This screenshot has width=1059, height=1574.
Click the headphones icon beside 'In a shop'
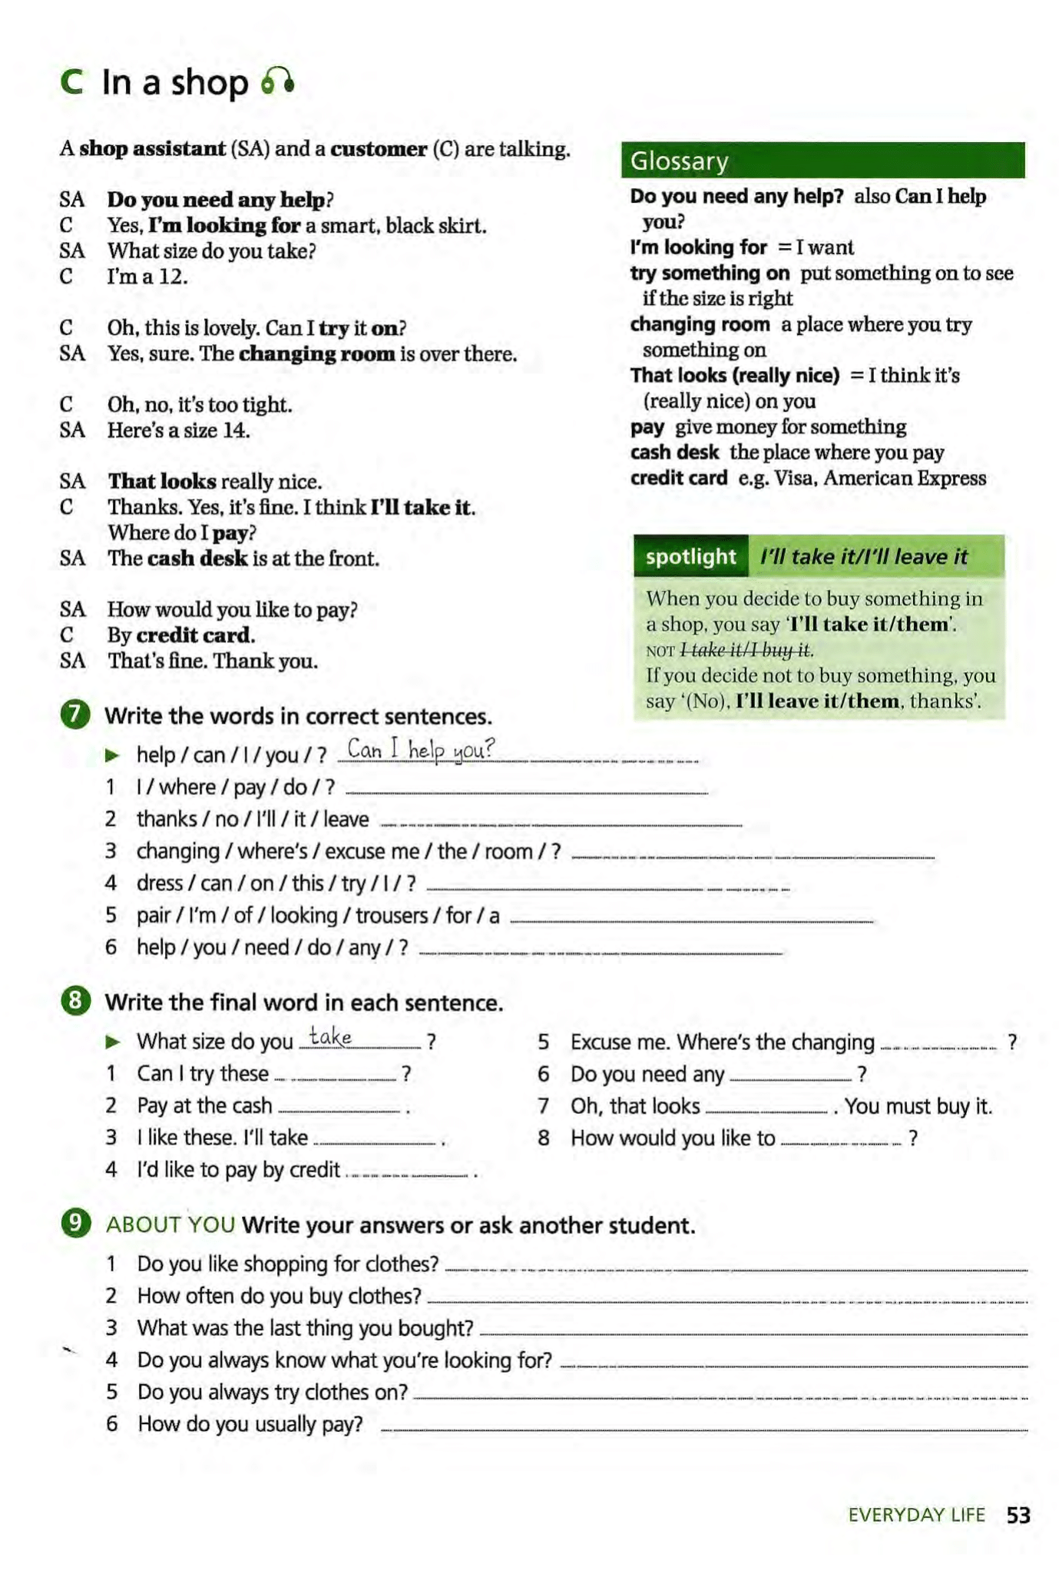pos(277,81)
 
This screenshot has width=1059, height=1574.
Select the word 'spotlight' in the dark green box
pos(690,556)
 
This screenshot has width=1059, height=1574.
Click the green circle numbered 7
pos(75,714)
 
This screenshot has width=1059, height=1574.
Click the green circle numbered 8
pos(75,1001)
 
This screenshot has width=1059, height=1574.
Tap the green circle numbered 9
pos(75,1223)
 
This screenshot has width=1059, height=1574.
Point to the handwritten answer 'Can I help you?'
pos(421,749)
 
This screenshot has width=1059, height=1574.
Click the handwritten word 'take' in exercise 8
pos(330,1037)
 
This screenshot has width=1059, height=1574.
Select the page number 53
pos(1018,1515)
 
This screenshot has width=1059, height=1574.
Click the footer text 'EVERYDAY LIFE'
pos(916,1515)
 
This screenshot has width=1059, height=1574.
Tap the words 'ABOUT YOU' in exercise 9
pos(170,1224)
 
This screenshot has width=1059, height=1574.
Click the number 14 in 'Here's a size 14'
pos(236,430)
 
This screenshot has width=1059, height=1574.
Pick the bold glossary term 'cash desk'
pos(674,452)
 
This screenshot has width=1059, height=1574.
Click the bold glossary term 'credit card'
pos(679,479)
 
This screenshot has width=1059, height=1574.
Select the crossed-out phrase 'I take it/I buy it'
pos(745,650)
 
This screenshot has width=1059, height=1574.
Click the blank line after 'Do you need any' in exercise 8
pos(791,1079)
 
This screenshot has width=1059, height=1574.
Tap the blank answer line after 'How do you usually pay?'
pos(703,1429)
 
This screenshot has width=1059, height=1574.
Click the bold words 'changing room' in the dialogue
pos(316,354)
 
